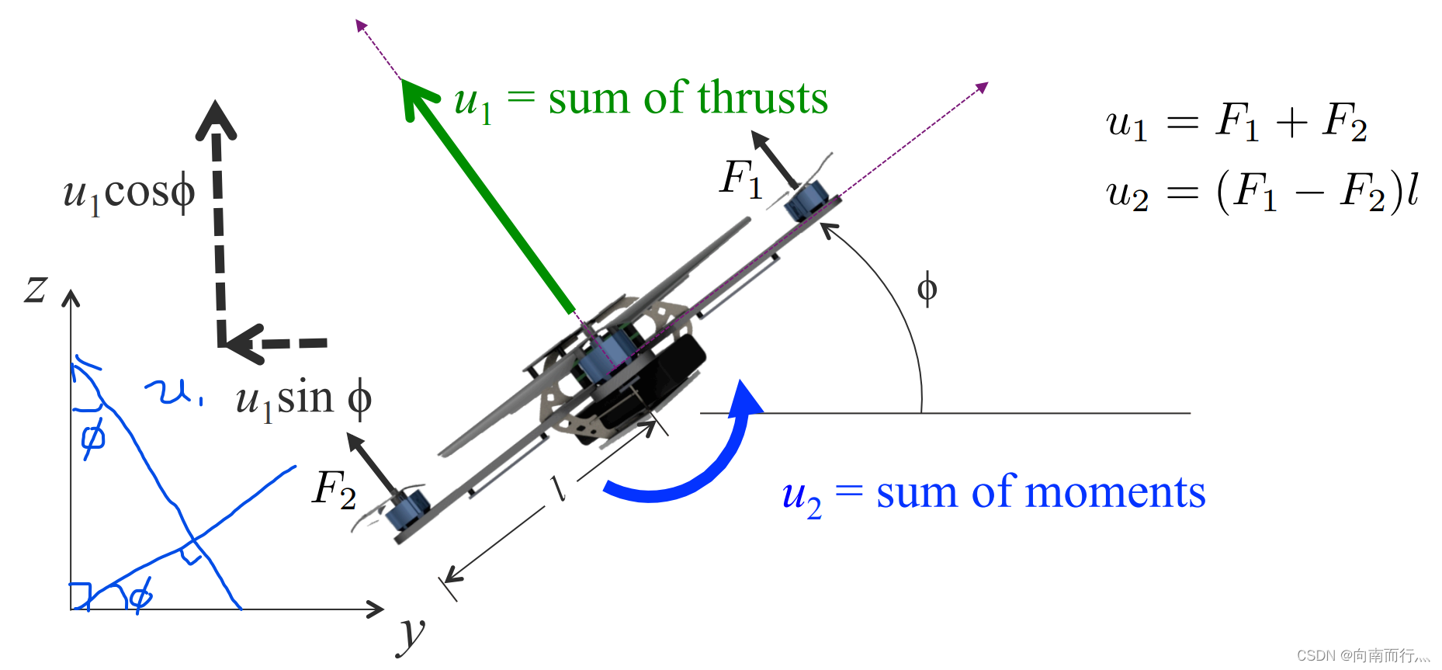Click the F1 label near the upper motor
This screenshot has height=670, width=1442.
coord(741,179)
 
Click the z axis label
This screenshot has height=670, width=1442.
coord(36,289)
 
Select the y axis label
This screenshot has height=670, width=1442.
coord(411,633)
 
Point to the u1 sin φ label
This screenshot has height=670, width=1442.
coord(303,399)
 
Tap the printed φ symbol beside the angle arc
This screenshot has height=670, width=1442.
coord(927,289)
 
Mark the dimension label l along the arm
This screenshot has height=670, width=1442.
coord(557,488)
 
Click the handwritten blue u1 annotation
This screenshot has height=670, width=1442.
coord(172,392)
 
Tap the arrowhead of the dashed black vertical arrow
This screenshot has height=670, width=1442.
coord(216,120)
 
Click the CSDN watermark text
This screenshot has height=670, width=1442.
coord(1362,656)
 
